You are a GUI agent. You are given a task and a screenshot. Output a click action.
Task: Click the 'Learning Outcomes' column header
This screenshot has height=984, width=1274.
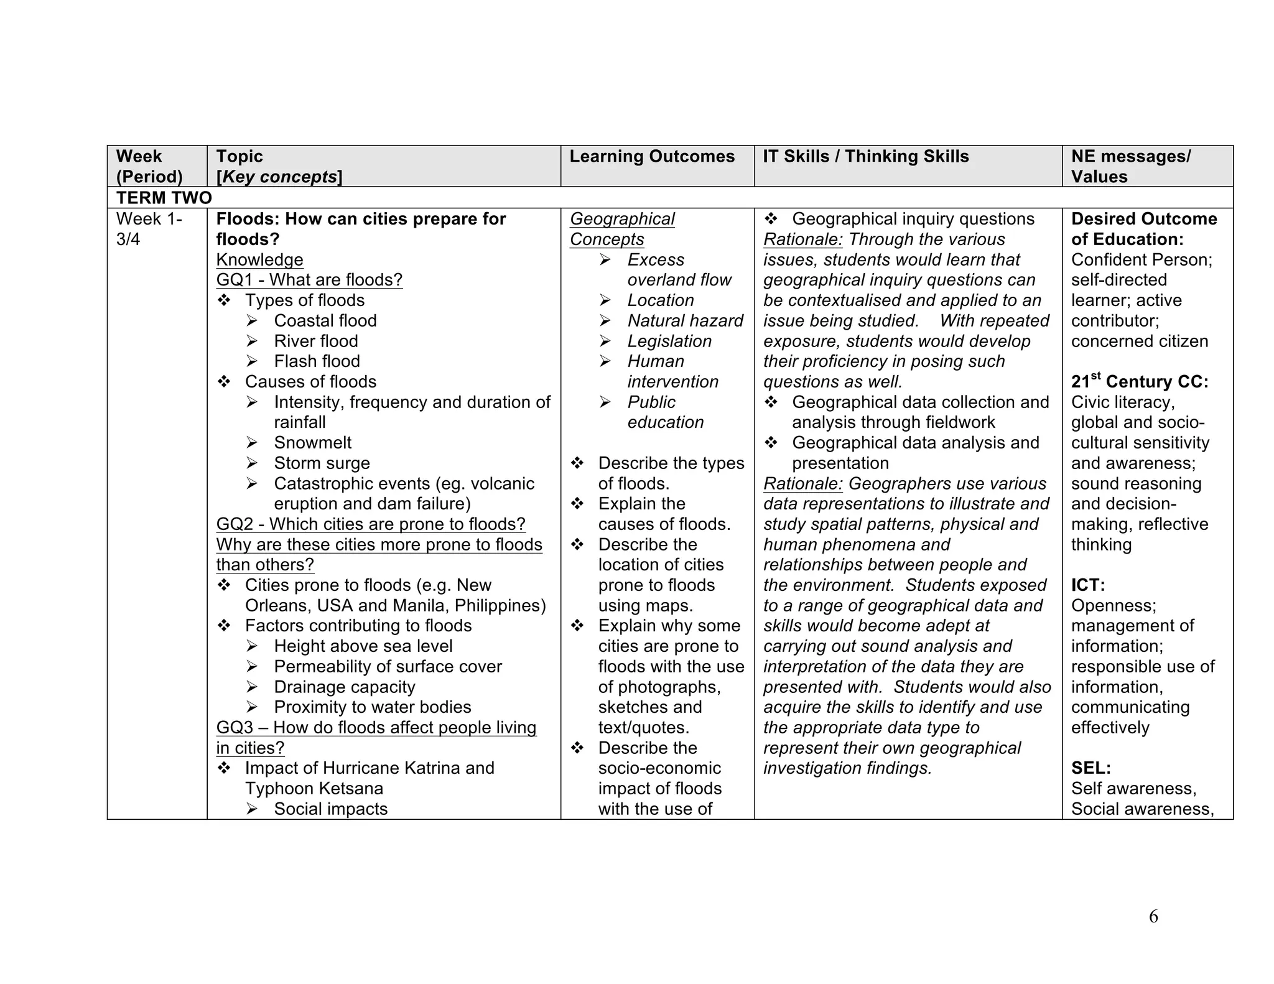(651, 156)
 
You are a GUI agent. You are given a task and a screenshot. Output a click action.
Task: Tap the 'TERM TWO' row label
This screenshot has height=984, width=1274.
(164, 198)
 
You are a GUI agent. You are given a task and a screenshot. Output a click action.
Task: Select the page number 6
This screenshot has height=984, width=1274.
(1153, 916)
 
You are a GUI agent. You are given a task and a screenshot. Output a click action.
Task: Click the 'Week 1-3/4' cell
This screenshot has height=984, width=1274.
(149, 229)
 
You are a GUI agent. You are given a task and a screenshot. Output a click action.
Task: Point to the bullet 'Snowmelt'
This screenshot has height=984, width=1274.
(312, 443)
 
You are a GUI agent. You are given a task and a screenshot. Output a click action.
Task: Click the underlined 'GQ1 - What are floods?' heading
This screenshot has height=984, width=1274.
(309, 280)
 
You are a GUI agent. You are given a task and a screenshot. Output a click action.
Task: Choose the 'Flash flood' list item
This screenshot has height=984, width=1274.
(317, 361)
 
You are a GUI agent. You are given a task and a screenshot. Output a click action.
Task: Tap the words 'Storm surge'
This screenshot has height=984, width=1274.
(322, 463)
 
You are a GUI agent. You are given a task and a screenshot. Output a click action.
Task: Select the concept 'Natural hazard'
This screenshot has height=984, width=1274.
(685, 321)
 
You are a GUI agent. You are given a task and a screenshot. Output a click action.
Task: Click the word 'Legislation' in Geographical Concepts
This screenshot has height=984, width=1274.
(669, 341)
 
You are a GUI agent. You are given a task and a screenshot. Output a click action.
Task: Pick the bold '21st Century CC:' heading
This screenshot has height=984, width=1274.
(1139, 381)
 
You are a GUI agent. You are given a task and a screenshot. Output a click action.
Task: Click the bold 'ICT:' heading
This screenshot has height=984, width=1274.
(1087, 585)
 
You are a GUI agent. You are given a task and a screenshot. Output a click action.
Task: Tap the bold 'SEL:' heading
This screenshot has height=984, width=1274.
(1090, 768)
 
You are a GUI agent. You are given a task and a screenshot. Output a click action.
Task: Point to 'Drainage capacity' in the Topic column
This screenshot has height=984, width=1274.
(344, 687)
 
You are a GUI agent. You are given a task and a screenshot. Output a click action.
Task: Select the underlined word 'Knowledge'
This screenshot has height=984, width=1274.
(259, 260)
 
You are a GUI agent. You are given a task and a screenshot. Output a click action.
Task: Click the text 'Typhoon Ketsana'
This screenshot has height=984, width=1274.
(314, 789)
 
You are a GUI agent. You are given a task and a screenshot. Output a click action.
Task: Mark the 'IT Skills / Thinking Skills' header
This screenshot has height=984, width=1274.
(865, 156)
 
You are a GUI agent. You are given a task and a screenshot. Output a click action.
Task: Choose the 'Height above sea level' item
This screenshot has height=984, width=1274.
(363, 646)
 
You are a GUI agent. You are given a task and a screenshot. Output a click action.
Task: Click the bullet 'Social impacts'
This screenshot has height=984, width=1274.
(330, 809)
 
